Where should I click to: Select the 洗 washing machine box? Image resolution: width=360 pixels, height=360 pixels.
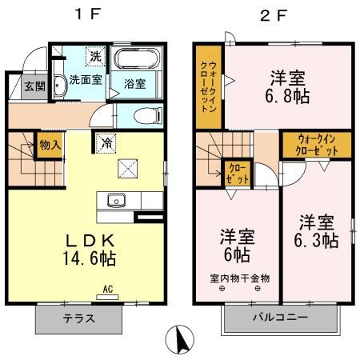click(x=96, y=57)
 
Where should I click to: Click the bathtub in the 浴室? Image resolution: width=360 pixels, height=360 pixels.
click(x=138, y=61)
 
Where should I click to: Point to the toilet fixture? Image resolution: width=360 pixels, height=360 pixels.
click(x=146, y=114)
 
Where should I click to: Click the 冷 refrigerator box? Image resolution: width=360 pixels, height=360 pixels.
click(x=106, y=142)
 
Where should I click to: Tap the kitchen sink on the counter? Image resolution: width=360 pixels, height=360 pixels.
click(x=115, y=201)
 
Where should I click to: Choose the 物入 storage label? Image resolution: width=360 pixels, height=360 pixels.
click(x=50, y=146)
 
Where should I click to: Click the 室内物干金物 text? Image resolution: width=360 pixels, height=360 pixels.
click(x=240, y=278)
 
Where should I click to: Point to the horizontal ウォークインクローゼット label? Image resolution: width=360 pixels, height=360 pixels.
click(x=315, y=144)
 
